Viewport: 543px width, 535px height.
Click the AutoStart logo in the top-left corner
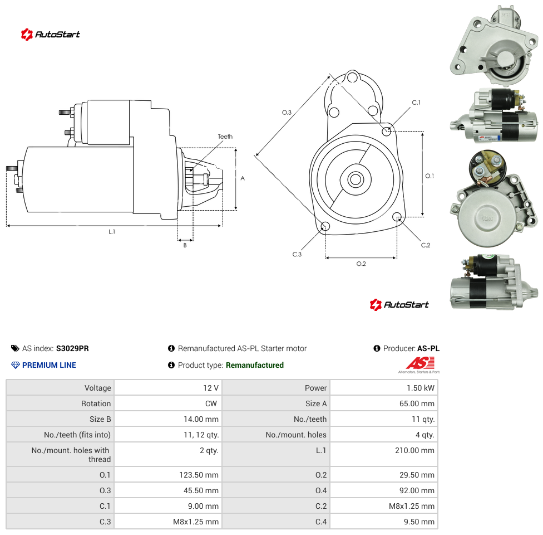pyautogui.click(x=50, y=35)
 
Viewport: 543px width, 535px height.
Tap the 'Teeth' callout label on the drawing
pyautogui.click(x=225, y=137)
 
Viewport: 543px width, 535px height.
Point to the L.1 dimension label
pyautogui.click(x=112, y=232)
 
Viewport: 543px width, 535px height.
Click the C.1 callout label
pyautogui.click(x=416, y=103)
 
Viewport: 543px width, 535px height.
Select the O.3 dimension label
pyautogui.click(x=287, y=113)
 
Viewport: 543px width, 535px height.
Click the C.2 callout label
pyautogui.click(x=426, y=245)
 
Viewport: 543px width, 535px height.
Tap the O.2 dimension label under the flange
pyautogui.click(x=361, y=264)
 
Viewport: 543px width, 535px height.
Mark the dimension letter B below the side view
pyautogui.click(x=185, y=245)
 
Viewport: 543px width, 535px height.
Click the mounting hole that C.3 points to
pyautogui.click(x=325, y=227)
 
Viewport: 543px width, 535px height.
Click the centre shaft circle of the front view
pyautogui.click(x=356, y=179)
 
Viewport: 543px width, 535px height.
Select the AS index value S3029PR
pyautogui.click(x=72, y=348)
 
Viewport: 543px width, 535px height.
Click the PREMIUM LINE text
pyautogui.click(x=49, y=365)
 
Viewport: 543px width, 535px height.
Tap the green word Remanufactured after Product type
pyautogui.click(x=255, y=365)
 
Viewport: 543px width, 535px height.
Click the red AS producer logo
pyautogui.click(x=419, y=364)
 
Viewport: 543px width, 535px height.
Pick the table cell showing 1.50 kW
pyautogui.click(x=384, y=388)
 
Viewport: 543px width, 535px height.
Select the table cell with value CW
pyautogui.click(x=168, y=403)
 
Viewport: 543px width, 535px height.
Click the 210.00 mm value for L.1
pyautogui.click(x=414, y=450)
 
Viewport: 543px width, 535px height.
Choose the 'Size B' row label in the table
pyautogui.click(x=100, y=419)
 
